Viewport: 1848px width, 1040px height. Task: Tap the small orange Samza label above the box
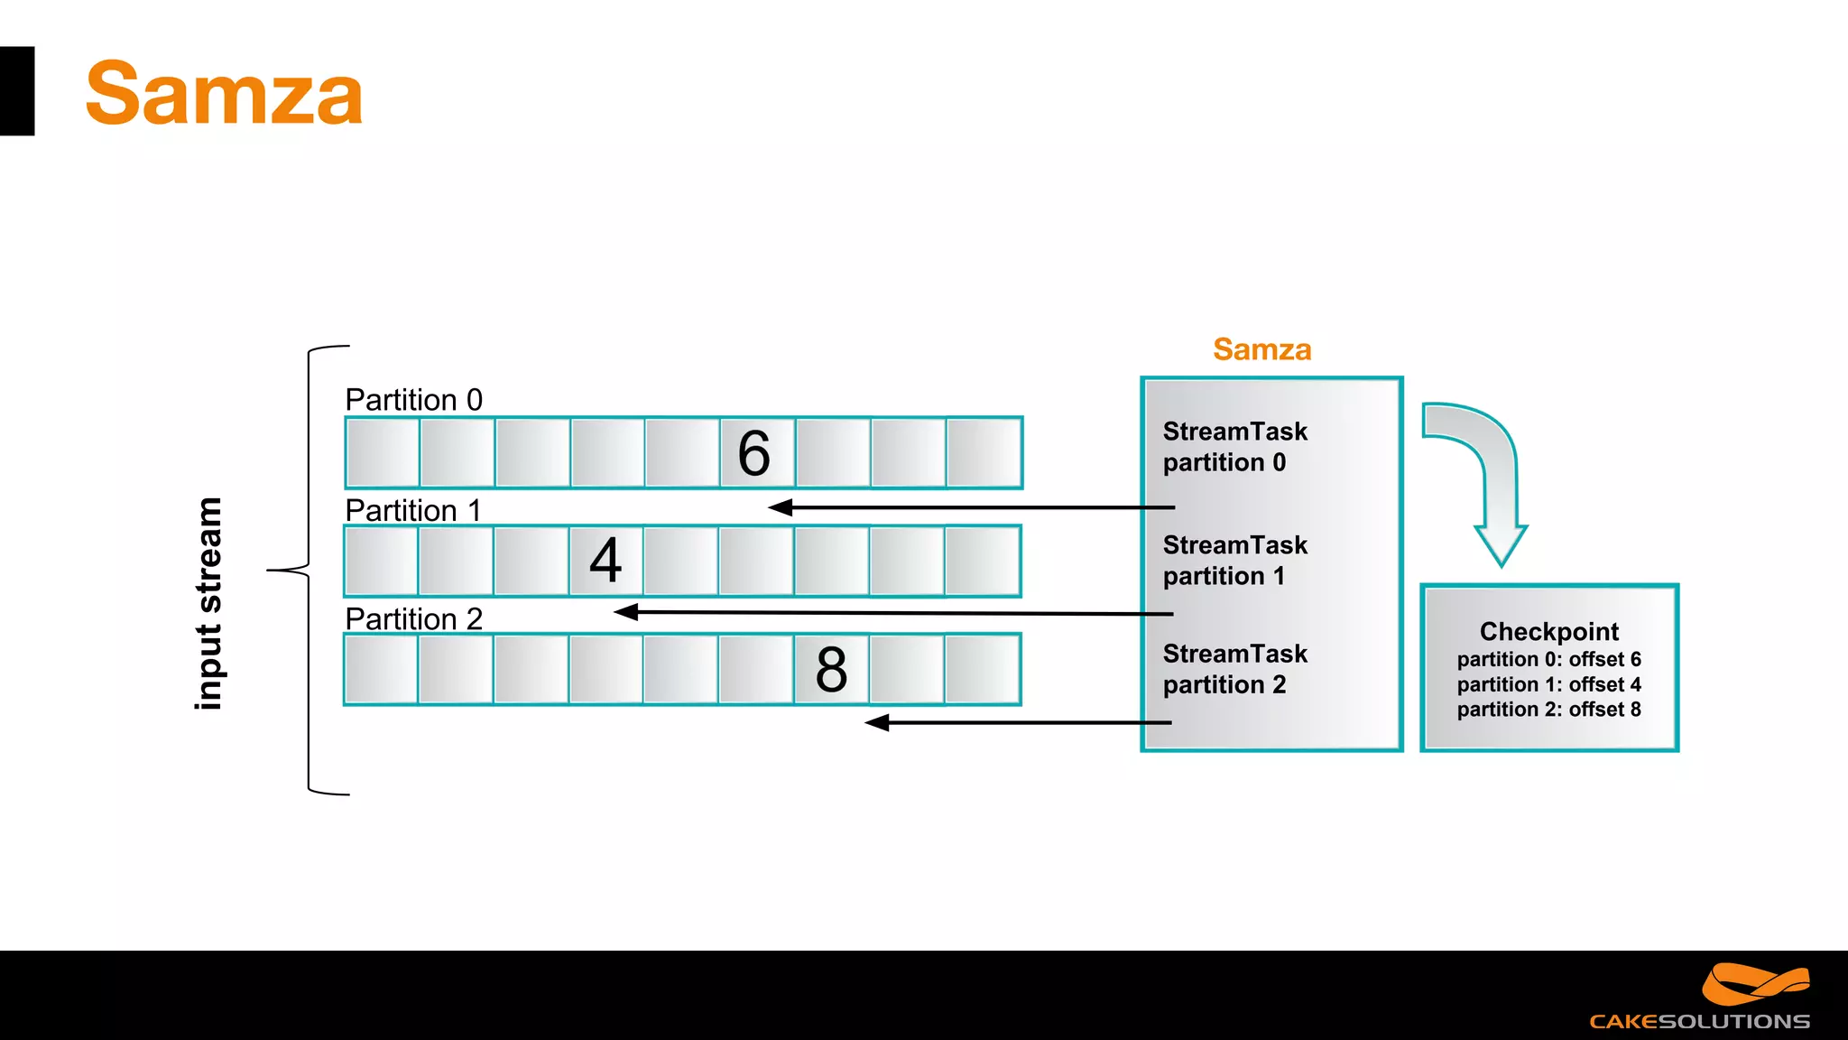[x=1261, y=349]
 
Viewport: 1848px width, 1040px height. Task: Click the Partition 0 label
[x=413, y=400]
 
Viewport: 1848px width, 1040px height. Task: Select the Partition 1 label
[x=412, y=510]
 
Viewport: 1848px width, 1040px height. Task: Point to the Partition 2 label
[x=413, y=619]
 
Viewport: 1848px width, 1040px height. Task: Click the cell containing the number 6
[x=755, y=453]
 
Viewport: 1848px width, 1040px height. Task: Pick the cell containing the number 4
[x=605, y=561]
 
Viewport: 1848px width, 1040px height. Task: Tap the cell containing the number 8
[x=831, y=669]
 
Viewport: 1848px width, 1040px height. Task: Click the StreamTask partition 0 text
[x=1234, y=447]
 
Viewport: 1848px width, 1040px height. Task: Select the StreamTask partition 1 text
[x=1234, y=561]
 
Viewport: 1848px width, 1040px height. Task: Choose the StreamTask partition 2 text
[x=1234, y=669]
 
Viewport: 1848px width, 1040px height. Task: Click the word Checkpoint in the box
[x=1548, y=631]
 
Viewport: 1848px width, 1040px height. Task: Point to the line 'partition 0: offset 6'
[x=1548, y=659]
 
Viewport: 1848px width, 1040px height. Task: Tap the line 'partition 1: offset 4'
[x=1548, y=684]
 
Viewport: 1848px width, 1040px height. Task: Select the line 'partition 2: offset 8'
[x=1548, y=710]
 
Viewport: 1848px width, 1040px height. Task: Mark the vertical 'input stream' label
[x=208, y=603]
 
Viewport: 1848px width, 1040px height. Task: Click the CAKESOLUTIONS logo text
[x=1699, y=1021]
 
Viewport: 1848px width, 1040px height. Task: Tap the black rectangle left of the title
[x=16, y=91]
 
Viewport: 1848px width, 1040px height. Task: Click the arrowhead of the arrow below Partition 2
[x=876, y=722]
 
